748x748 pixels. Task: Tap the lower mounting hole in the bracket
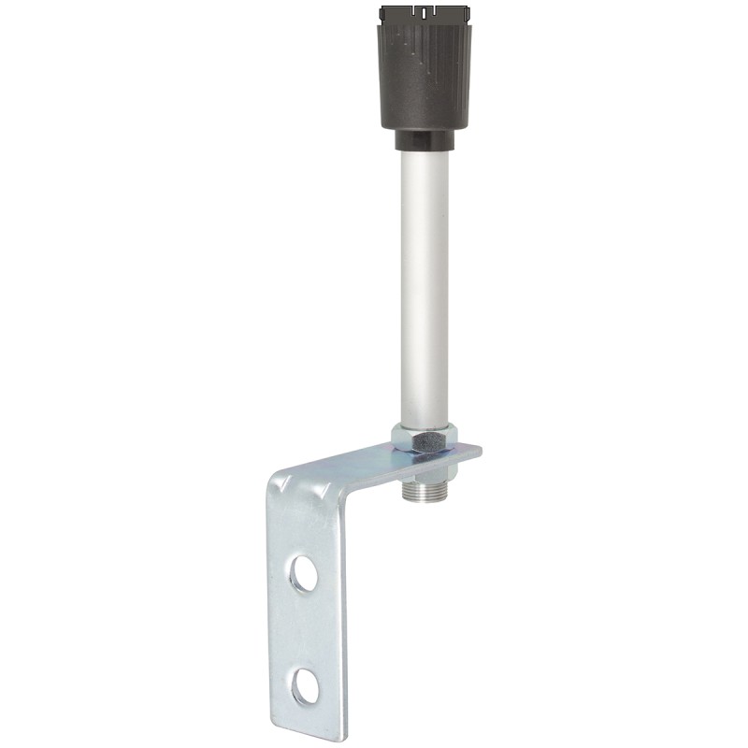click(x=303, y=687)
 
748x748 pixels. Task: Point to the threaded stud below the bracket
click(x=424, y=492)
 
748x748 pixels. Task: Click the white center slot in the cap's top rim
click(x=426, y=13)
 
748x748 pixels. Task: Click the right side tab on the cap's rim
click(x=467, y=15)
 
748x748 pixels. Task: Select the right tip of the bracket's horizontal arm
click(x=479, y=452)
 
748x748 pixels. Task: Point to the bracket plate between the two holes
click(x=305, y=628)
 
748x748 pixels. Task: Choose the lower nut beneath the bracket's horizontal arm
click(x=424, y=467)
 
